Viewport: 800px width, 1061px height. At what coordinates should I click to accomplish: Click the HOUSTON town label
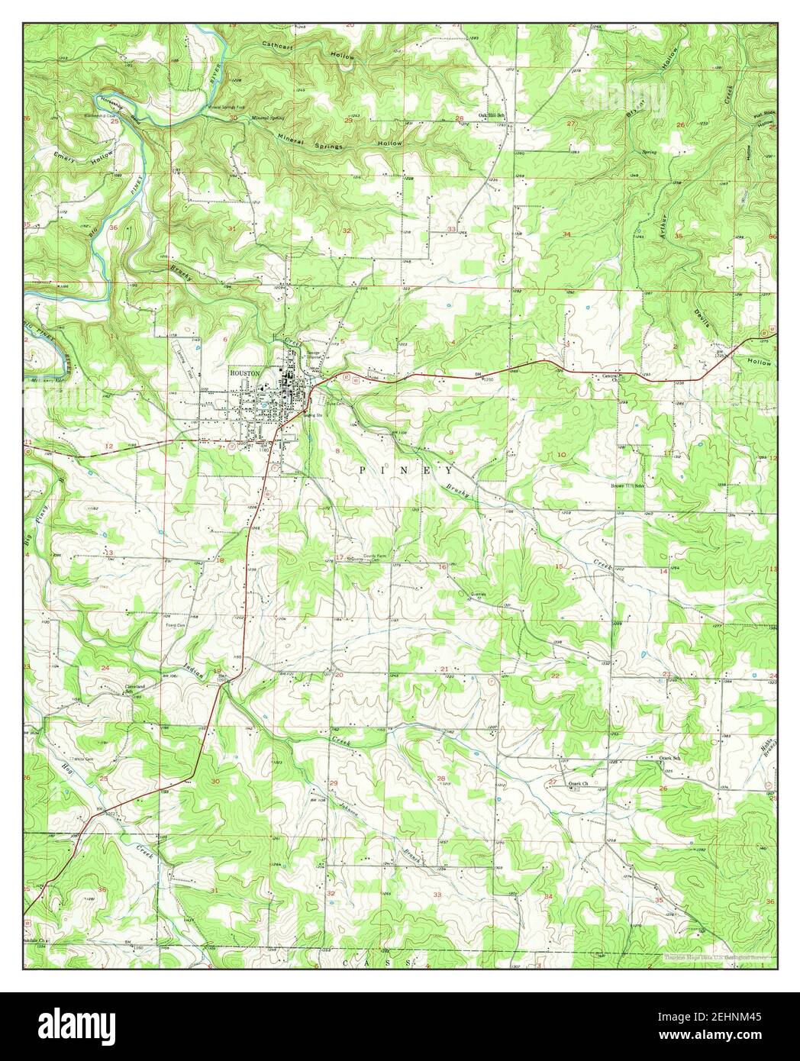point(245,373)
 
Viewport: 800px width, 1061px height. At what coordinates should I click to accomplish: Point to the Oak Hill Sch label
point(492,116)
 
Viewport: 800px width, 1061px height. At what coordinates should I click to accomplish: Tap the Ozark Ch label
point(580,784)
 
